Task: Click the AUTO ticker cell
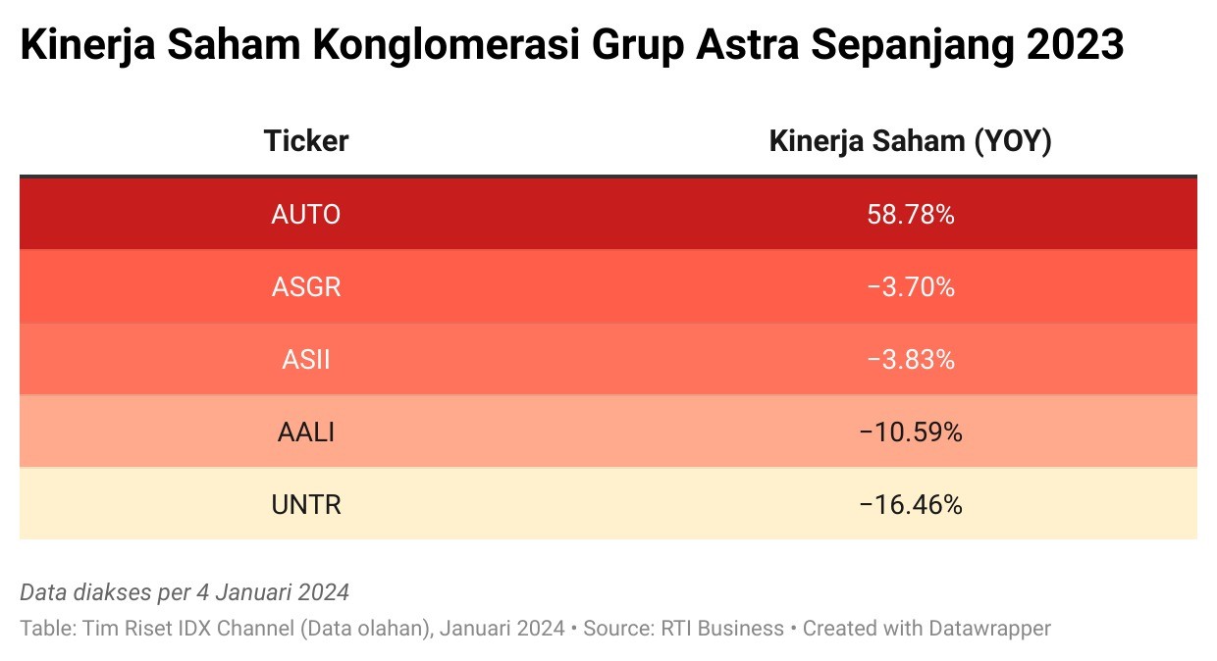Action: coord(306,214)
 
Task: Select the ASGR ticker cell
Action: coord(306,287)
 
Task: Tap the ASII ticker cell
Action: coord(306,360)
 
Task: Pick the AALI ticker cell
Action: coord(306,432)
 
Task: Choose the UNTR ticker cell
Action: coord(306,505)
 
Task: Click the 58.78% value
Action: coord(911,214)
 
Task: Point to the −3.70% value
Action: coord(911,287)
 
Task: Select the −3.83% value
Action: coord(911,360)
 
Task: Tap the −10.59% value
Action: coord(911,432)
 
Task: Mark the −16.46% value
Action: coord(911,505)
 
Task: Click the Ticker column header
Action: coord(306,141)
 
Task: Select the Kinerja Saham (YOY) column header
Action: coord(911,141)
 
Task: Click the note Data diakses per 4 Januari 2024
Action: coord(185,592)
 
